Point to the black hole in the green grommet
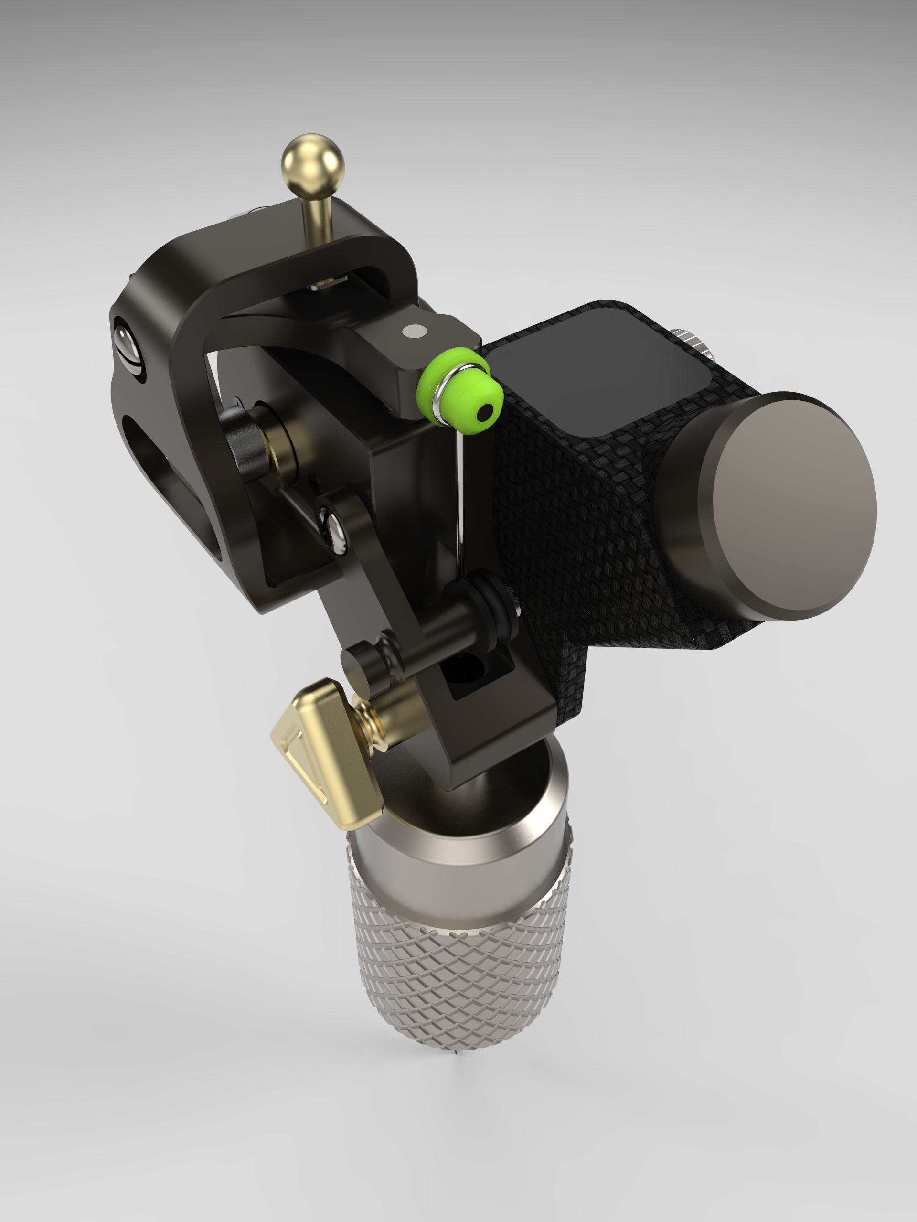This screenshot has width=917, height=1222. pyautogui.click(x=485, y=412)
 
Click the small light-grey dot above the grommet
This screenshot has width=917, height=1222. pyautogui.click(x=414, y=331)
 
